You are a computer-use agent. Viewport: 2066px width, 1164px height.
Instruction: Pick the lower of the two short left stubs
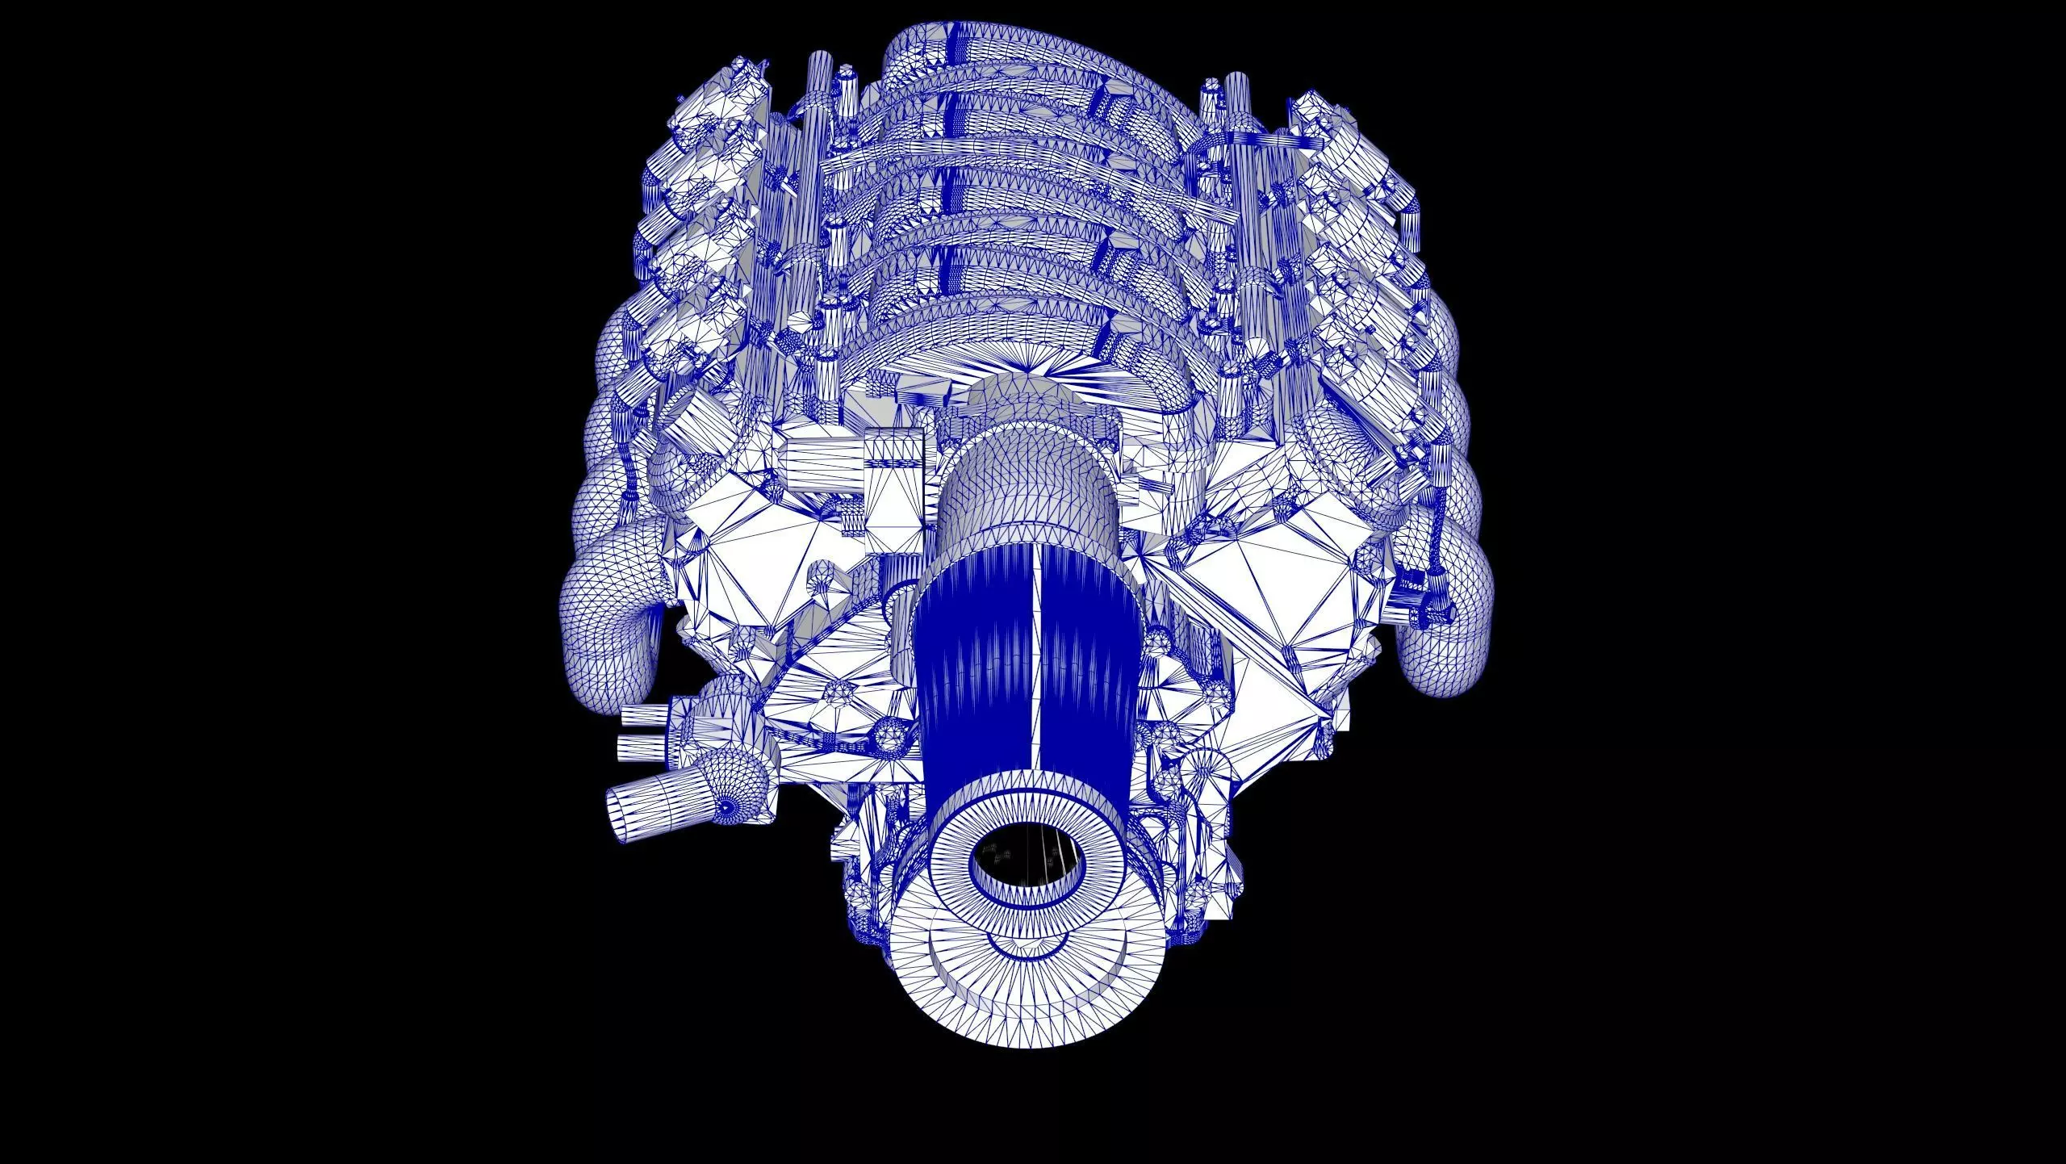[642, 747]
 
